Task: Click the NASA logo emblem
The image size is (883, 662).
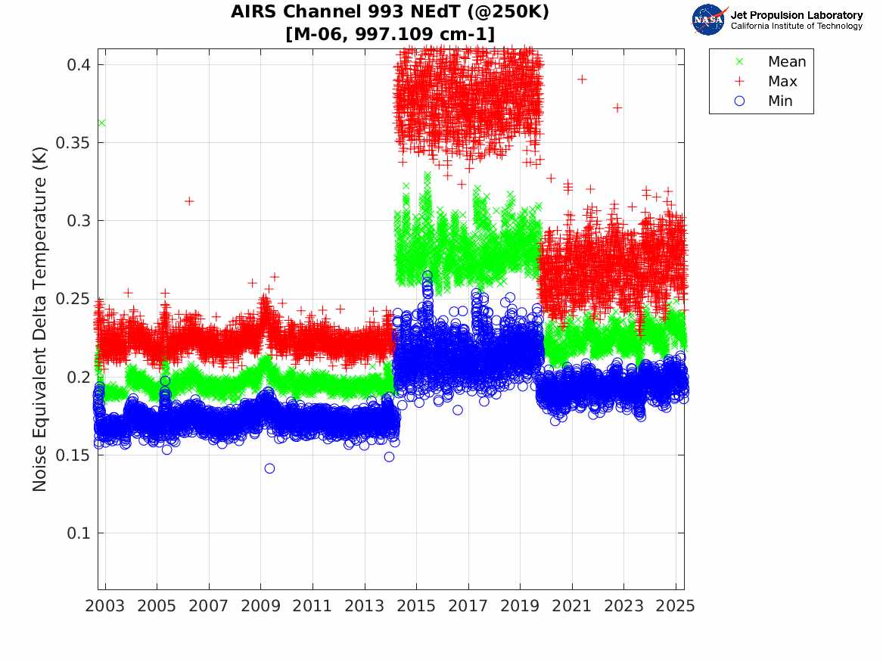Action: click(x=709, y=20)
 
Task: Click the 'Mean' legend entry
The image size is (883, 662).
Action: click(x=787, y=62)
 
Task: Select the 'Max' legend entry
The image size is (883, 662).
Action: click(x=782, y=82)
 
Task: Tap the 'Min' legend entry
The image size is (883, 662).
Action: click(x=780, y=101)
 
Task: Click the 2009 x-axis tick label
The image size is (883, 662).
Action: click(x=261, y=607)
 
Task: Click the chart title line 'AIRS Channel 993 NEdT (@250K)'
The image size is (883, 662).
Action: click(x=390, y=13)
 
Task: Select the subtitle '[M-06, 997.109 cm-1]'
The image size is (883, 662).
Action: click(x=390, y=34)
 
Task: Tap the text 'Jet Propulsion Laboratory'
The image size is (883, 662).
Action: click(x=796, y=15)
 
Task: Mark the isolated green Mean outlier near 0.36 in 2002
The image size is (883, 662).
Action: click(x=101, y=123)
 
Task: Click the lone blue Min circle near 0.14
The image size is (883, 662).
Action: click(x=269, y=468)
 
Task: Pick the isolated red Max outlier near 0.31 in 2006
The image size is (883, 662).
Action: click(x=189, y=201)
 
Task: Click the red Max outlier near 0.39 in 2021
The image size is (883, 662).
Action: click(x=582, y=79)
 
